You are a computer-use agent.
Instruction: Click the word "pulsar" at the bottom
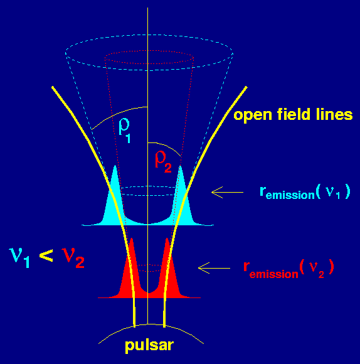[149, 346]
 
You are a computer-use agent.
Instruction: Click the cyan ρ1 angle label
[124, 131]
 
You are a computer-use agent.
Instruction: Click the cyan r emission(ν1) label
[305, 192]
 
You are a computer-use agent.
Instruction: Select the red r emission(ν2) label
[289, 269]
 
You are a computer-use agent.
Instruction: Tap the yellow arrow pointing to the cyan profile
[227, 193]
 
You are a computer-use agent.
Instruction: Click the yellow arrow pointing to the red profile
[214, 268]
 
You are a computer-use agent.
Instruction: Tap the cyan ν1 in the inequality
[19, 257]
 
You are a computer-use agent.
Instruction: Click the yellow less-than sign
[46, 255]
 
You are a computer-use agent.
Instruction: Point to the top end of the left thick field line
[53, 87]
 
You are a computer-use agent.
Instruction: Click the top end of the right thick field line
[246, 87]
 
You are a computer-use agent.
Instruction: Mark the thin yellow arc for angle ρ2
[167, 146]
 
